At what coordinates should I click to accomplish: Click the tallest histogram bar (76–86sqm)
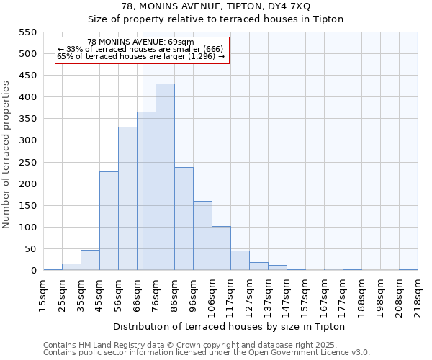click(165, 177)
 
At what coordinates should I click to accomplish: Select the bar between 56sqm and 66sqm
click(127, 199)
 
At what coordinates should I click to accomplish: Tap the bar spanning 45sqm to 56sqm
click(109, 221)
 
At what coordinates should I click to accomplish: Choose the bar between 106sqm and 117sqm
click(221, 248)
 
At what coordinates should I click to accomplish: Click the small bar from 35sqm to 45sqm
click(90, 261)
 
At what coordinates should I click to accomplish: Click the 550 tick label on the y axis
click(27, 32)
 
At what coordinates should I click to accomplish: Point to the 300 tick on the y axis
click(27, 140)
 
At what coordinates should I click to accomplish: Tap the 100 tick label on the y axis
click(27, 228)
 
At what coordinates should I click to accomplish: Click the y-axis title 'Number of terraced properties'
click(7, 155)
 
